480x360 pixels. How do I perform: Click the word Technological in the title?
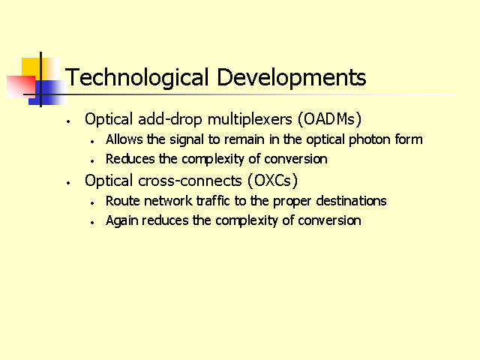136,78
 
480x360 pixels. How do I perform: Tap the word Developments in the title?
292,78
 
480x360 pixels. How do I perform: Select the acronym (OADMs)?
330,119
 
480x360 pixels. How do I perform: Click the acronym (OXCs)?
272,180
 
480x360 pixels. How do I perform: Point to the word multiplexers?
250,120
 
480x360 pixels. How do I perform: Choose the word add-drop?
170,119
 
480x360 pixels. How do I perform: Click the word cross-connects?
190,181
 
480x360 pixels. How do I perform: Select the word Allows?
124,139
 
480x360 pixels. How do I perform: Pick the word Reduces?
130,159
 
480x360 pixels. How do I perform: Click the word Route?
122,201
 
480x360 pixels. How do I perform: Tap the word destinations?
351,201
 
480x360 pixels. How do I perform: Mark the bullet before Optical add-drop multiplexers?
68,121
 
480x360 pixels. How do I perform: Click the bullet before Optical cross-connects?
68,183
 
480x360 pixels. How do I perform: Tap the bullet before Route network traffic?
92,203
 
